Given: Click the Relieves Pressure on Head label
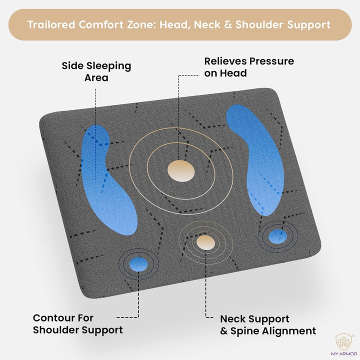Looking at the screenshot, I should pos(249,67).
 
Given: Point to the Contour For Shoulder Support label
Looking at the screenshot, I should pos(77,323).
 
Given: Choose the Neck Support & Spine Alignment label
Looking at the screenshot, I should pos(268,324).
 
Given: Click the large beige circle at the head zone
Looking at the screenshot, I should pos(180,171).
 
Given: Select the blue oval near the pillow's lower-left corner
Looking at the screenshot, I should pos(139,264).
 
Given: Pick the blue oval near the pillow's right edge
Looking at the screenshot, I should pos(277,235).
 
